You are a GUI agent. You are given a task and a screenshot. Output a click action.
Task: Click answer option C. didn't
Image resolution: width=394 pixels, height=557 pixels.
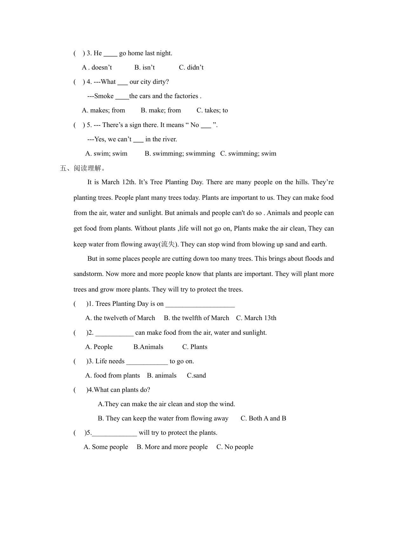191,67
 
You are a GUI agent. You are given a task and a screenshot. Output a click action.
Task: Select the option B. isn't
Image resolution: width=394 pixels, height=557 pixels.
144,67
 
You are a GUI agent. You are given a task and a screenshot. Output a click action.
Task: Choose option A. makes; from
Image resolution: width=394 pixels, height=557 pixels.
104,110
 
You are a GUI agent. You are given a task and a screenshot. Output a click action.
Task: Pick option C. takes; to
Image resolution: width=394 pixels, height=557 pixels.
212,110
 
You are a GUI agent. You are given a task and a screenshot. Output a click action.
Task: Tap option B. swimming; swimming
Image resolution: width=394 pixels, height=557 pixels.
180,153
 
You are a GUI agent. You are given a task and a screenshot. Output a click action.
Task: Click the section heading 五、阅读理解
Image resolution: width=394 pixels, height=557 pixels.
83,168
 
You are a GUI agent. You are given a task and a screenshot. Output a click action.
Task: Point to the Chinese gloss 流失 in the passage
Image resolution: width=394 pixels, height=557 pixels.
168,244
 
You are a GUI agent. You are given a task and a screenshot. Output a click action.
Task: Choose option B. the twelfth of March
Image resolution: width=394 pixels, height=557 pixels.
196,318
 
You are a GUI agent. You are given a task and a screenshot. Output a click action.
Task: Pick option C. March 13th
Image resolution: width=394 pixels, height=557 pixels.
256,318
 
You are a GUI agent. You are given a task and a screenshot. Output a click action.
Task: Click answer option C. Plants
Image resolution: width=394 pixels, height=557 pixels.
195,347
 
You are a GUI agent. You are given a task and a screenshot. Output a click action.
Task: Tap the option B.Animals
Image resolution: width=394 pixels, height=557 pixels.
148,347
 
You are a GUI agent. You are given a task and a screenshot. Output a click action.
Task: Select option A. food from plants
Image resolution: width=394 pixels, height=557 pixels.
112,375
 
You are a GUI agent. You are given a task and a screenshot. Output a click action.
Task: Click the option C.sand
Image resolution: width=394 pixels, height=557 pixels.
196,375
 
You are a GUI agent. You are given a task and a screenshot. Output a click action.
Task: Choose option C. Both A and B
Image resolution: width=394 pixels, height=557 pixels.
263,418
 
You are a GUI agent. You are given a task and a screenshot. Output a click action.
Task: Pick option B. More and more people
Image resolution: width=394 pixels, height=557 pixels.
172,447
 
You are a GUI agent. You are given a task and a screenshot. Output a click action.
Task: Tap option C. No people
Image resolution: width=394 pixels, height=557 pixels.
235,447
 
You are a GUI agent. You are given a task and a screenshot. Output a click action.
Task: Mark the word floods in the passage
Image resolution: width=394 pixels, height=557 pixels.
313,258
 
